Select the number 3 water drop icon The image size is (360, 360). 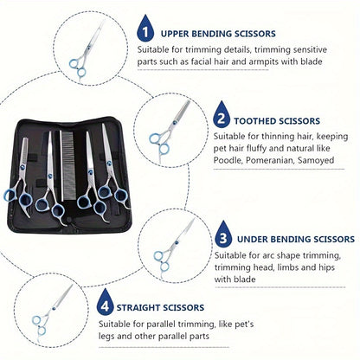(x=223, y=235)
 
